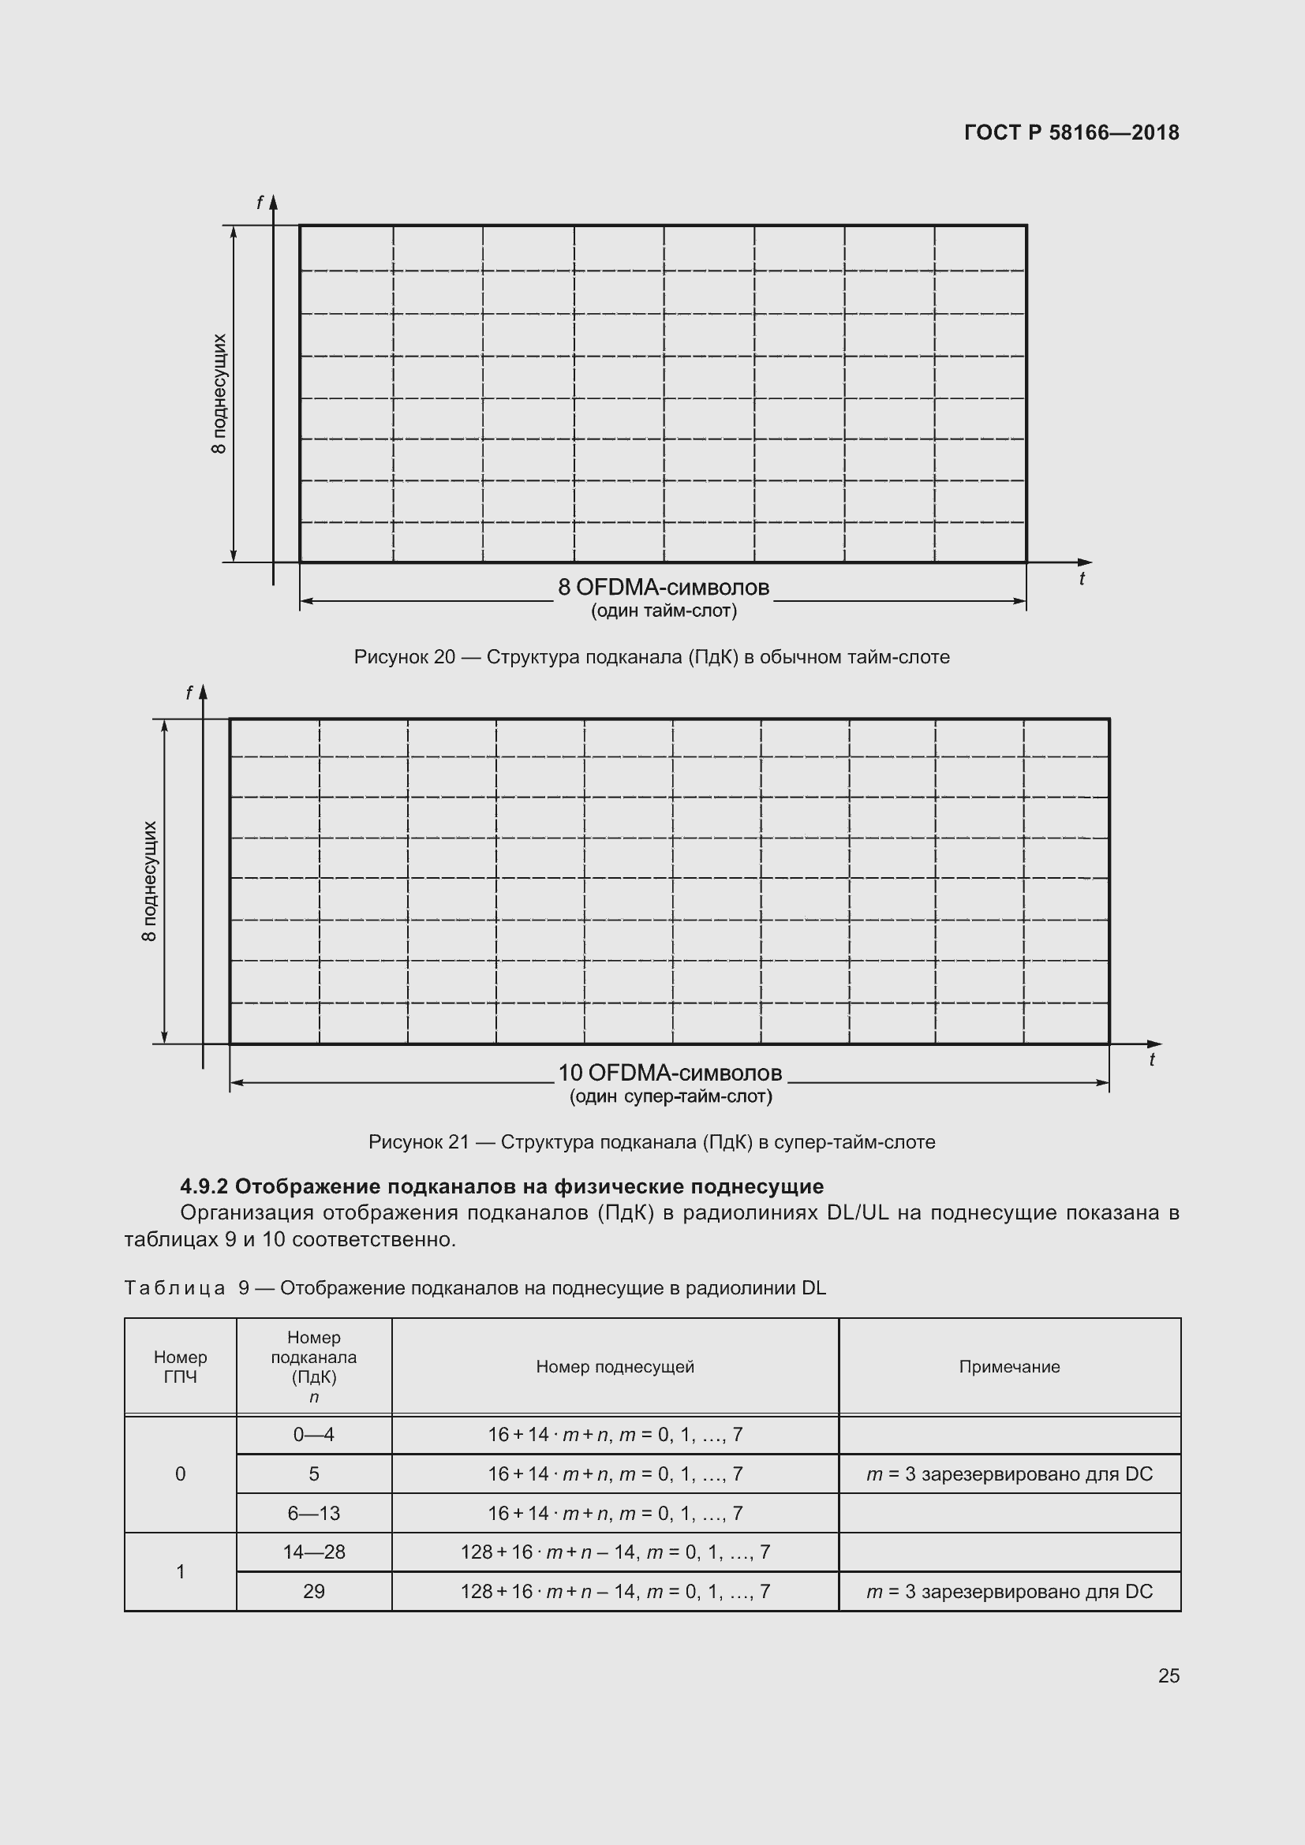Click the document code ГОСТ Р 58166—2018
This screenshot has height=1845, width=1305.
[x=1071, y=133]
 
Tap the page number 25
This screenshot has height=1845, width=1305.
[x=1169, y=1675]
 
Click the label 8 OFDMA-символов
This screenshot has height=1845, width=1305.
[x=663, y=588]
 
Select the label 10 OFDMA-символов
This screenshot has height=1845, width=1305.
[x=669, y=1073]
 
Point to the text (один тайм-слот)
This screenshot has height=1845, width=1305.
[x=664, y=611]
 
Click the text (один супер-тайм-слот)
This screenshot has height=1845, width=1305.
[x=670, y=1096]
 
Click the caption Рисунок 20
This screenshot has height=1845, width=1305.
[x=651, y=657]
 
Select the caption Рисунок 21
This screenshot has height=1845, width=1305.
[x=651, y=1142]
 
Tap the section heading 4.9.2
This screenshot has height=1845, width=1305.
[x=502, y=1186]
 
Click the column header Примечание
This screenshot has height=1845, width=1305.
[x=1008, y=1366]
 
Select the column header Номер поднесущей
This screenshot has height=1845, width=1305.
[x=615, y=1366]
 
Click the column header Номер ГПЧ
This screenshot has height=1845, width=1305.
[x=180, y=1366]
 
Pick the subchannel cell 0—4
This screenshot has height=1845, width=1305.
[x=313, y=1434]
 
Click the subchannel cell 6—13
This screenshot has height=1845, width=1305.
[x=313, y=1513]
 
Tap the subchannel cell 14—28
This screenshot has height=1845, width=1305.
[x=313, y=1552]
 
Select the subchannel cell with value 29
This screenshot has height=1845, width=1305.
[x=313, y=1591]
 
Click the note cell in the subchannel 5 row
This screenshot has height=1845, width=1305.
[x=1008, y=1473]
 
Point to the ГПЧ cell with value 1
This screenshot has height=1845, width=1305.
[x=180, y=1571]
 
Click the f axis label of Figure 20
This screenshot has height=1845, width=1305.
[x=259, y=204]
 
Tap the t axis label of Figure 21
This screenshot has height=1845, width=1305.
[x=1151, y=1060]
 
